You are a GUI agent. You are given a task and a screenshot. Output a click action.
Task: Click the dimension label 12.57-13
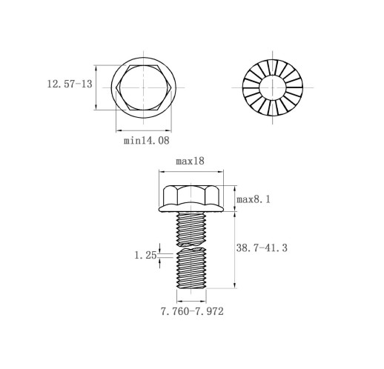70,84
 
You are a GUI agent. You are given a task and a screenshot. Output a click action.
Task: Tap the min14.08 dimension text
147,140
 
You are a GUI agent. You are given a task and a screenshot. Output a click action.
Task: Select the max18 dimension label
190,161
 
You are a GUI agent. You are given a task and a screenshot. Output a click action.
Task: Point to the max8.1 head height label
254,199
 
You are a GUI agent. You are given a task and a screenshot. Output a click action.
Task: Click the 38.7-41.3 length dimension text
262,247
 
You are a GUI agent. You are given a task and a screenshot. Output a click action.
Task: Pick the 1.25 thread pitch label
145,255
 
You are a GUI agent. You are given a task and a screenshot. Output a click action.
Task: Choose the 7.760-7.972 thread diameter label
192,311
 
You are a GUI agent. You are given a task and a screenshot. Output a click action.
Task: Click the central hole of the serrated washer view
272,87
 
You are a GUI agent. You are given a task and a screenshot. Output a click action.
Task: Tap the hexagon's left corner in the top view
116,87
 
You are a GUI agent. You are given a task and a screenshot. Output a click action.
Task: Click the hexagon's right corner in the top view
171,87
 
